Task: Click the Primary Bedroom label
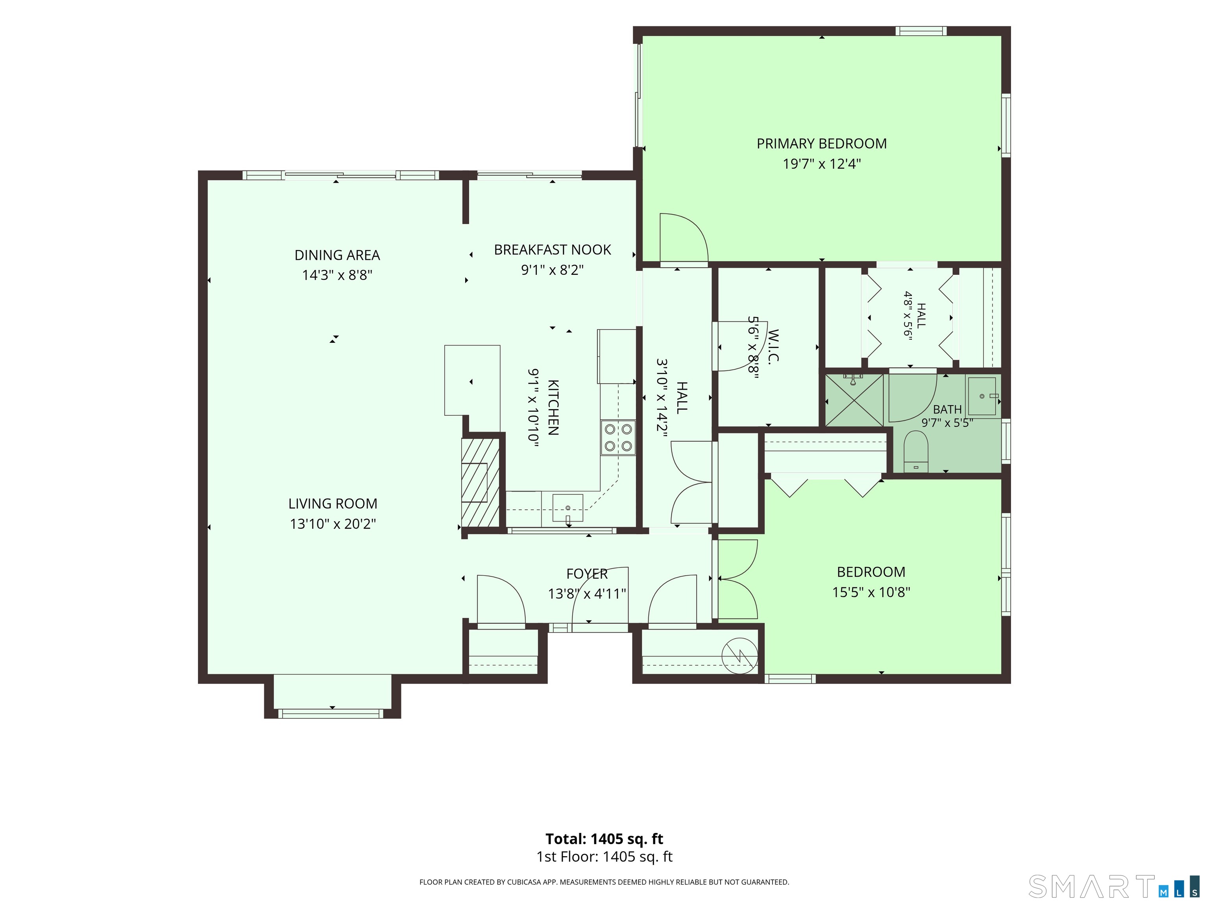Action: pos(821,144)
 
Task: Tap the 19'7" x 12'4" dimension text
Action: pos(821,164)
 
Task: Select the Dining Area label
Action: pos(337,255)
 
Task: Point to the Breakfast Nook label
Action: pos(553,250)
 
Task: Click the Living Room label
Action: pos(333,503)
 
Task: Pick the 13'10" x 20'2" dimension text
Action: pos(333,524)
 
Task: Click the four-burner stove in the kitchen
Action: pos(618,437)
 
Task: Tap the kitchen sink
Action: pos(568,508)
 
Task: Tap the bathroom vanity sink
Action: pos(983,396)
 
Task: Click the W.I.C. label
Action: pos(773,346)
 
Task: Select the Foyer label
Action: pos(587,574)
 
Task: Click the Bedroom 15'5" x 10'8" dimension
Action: pos(871,592)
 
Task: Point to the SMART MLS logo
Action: pos(1113,886)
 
